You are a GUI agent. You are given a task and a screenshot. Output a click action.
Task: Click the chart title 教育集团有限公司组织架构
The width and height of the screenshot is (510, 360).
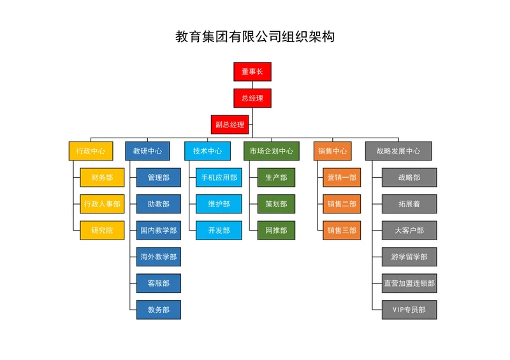click(x=255, y=37)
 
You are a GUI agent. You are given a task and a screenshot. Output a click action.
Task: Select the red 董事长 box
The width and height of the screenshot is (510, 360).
click(x=252, y=72)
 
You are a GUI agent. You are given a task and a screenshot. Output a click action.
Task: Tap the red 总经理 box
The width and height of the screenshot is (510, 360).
click(x=252, y=98)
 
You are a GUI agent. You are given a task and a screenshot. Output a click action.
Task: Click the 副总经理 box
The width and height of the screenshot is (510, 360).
click(x=230, y=124)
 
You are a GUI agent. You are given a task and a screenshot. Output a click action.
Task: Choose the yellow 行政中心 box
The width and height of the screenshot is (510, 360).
click(x=91, y=151)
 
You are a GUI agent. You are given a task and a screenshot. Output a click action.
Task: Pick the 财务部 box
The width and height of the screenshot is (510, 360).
click(x=102, y=178)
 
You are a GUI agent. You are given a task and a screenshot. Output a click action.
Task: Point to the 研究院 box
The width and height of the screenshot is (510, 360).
click(x=102, y=230)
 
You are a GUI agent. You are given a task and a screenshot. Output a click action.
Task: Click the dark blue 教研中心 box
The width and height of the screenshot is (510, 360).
click(x=147, y=151)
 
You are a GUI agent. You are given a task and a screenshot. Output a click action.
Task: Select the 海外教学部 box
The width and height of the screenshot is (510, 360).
click(x=159, y=257)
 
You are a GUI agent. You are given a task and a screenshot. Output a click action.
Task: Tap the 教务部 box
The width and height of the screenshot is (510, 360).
click(x=159, y=310)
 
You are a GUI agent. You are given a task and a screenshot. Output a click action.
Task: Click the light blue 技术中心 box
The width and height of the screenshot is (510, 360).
click(x=207, y=151)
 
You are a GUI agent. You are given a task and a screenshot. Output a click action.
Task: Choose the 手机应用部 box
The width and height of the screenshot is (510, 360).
click(x=219, y=178)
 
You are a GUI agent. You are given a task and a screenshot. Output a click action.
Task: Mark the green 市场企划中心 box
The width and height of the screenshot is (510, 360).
click(x=272, y=151)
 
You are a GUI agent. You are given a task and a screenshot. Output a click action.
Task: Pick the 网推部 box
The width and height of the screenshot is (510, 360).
click(x=276, y=230)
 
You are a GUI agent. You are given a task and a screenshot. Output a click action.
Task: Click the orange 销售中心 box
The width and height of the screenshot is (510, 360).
click(x=332, y=151)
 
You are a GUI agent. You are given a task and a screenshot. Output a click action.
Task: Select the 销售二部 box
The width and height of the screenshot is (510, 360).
click(x=342, y=204)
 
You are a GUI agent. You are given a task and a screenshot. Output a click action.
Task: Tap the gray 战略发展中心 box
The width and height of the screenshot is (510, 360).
click(x=398, y=151)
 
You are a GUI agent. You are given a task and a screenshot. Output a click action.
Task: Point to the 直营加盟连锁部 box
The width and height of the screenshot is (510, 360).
click(x=409, y=283)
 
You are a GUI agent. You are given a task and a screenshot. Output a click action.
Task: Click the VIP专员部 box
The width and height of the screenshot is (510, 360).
click(x=409, y=310)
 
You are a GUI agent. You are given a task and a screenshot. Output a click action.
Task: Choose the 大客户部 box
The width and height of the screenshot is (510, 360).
click(x=409, y=230)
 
